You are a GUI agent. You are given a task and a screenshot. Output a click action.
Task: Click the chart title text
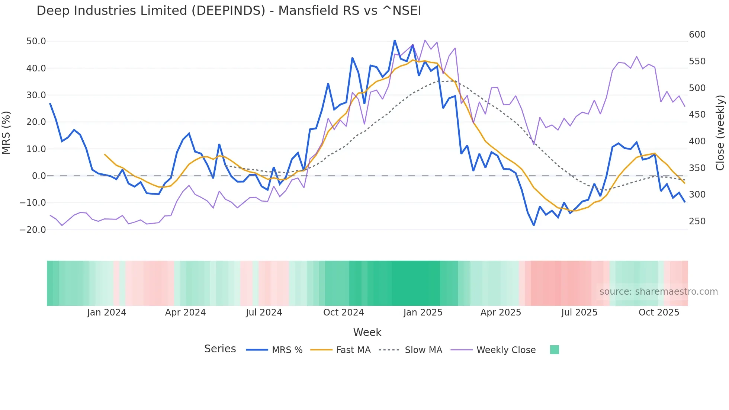point(229,11)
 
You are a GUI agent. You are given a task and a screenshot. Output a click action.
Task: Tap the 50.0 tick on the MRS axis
point(36,41)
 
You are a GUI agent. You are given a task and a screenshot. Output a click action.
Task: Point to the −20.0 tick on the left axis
point(33,230)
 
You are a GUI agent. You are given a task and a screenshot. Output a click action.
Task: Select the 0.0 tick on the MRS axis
point(39,176)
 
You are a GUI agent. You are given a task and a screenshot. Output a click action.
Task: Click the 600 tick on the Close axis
point(697,35)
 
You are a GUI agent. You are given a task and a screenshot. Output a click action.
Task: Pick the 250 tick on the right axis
point(697,221)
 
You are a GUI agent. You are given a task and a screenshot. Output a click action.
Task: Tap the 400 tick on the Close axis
point(697,141)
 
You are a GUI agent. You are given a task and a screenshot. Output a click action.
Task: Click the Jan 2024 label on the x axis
point(107,313)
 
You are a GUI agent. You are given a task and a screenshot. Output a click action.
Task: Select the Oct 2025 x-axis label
point(659,313)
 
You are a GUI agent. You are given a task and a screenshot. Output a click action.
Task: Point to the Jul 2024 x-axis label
point(264,313)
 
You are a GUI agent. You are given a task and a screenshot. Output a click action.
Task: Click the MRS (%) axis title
point(6,132)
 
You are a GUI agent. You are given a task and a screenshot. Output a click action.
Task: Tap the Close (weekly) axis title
point(720,132)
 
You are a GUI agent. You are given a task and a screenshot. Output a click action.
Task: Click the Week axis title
point(367,332)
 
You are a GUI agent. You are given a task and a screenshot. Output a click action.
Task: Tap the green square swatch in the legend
point(554,350)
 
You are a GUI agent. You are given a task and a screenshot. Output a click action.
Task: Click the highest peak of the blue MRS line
point(395,41)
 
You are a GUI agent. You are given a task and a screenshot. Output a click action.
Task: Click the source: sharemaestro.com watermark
point(658,292)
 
